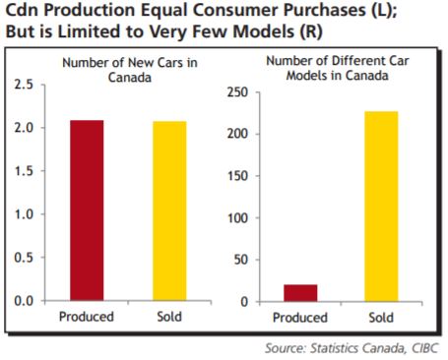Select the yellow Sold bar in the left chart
(169, 210)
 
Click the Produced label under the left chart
(86, 318)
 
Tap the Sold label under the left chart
(169, 318)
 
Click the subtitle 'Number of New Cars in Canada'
(124, 70)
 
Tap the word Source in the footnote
(287, 347)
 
